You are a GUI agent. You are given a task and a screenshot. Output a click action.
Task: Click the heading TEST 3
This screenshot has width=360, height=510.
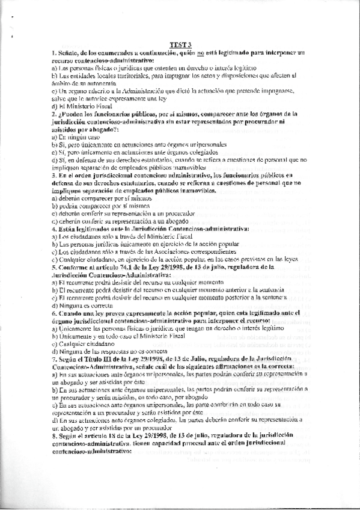coord(180,44)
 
